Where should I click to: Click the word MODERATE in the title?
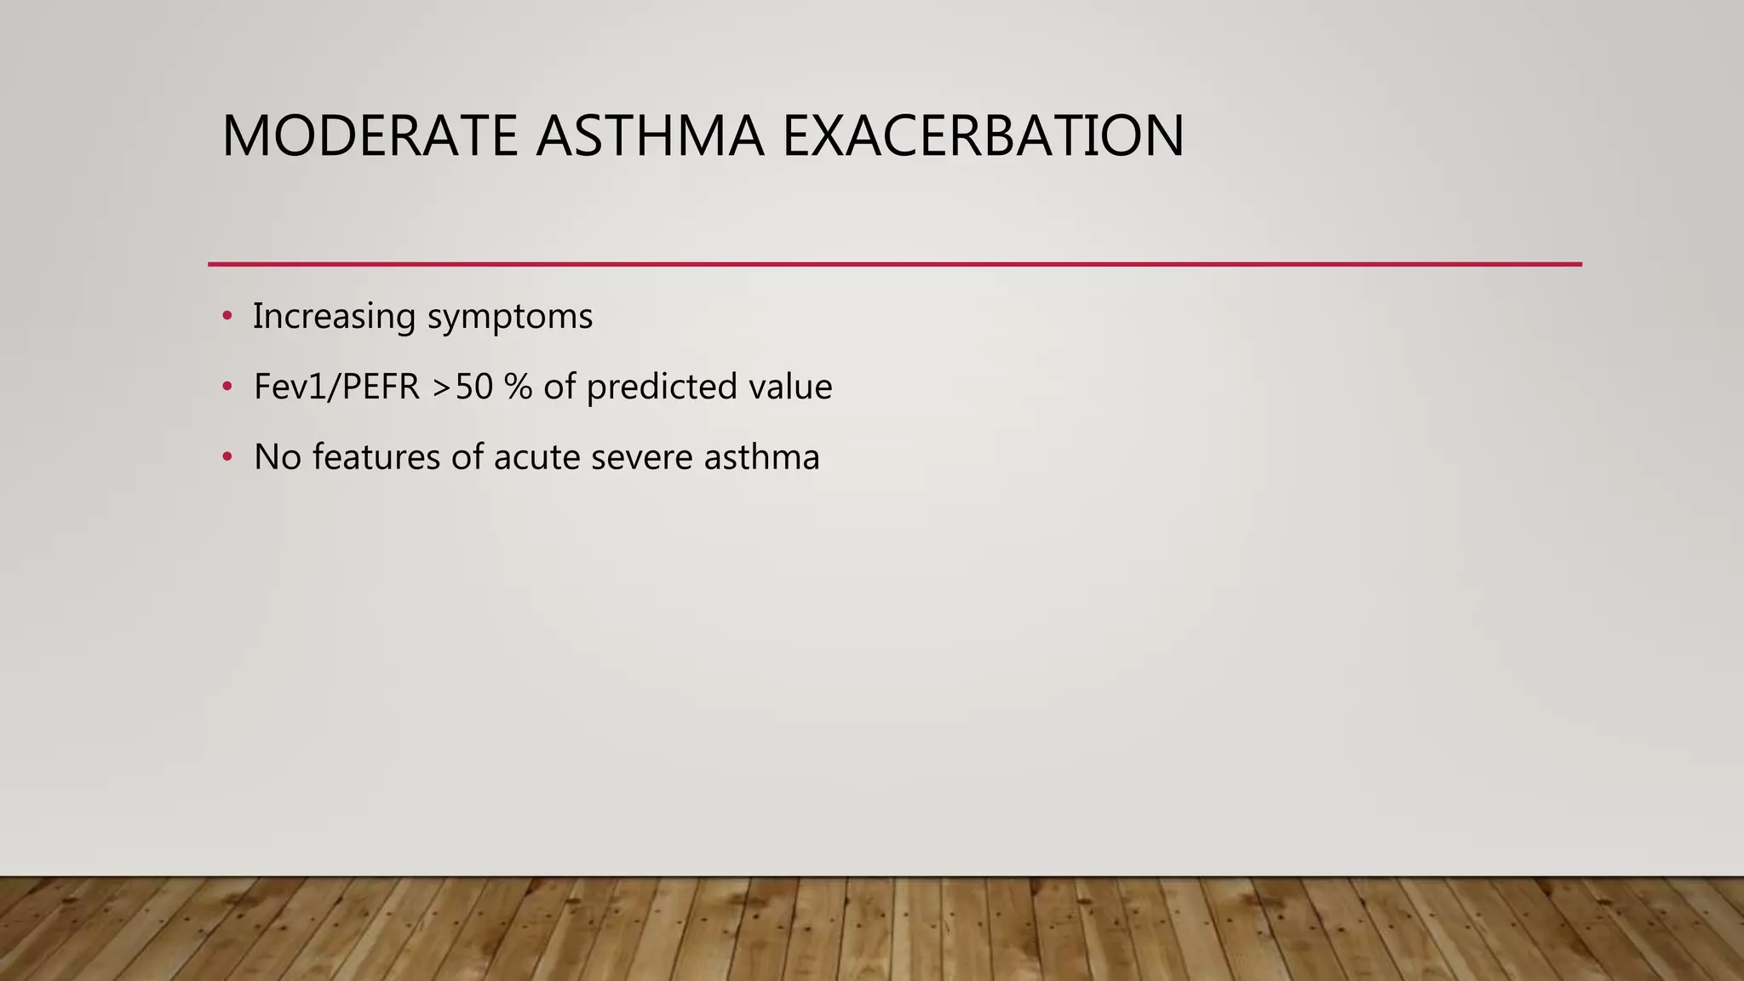[370, 136]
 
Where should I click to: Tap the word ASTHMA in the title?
[650, 136]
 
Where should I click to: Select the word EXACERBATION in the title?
[982, 136]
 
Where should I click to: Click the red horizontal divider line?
[894, 264]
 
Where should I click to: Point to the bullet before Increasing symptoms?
[227, 317]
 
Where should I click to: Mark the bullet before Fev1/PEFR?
[227, 387]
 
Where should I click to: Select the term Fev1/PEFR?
[337, 387]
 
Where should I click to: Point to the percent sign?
[518, 387]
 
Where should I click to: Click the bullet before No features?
[227, 458]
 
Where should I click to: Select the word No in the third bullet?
[277, 458]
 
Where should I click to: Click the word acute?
[536, 458]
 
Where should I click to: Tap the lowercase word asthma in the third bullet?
[761, 458]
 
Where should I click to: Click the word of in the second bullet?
[559, 387]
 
